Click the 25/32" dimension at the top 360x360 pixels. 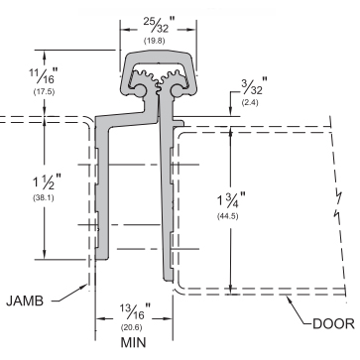(x=158, y=25)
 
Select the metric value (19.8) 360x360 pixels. (x=154, y=41)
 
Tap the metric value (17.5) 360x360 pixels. (x=44, y=92)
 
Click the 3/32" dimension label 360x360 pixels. (x=254, y=85)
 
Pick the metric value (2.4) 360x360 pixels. (x=250, y=102)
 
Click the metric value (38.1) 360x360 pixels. (x=44, y=198)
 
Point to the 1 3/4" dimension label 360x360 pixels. (x=231, y=200)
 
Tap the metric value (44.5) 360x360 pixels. (x=228, y=216)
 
